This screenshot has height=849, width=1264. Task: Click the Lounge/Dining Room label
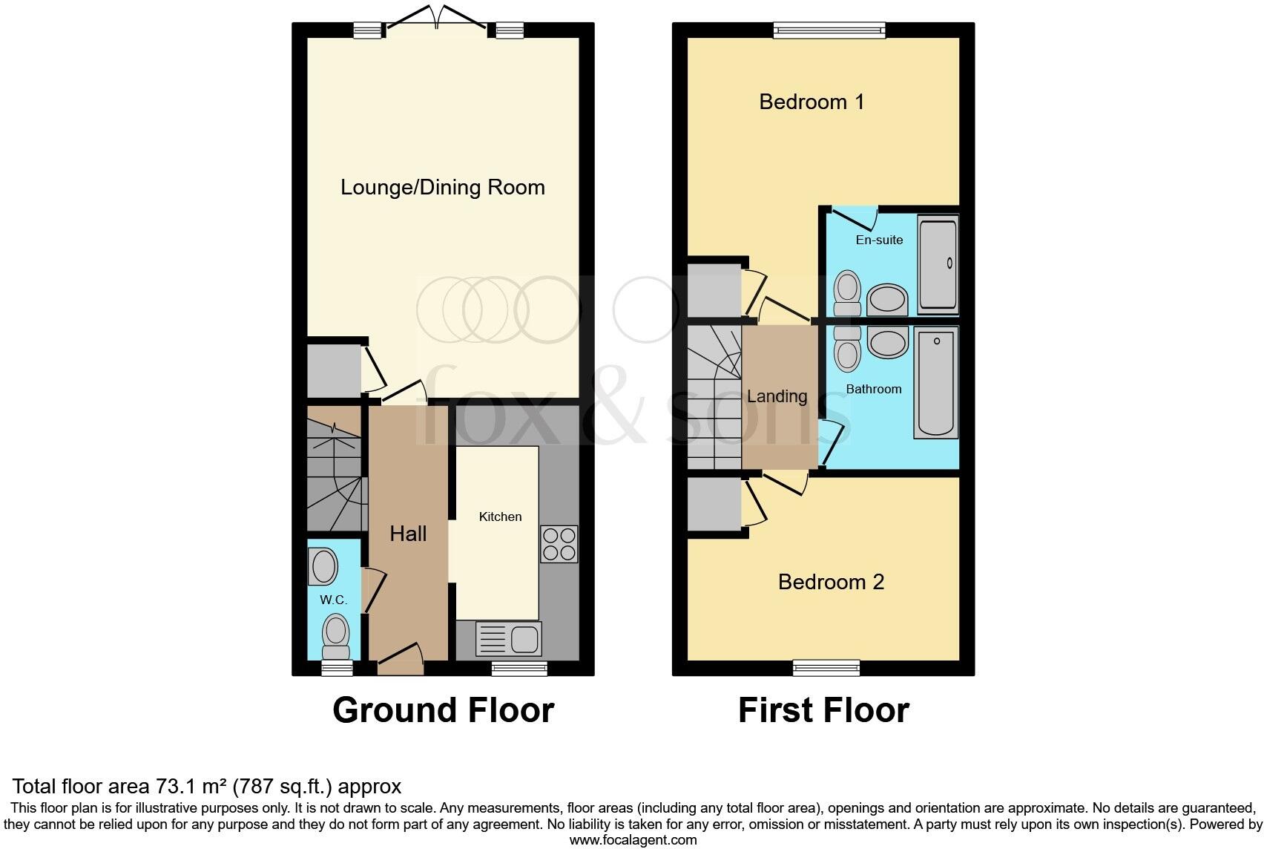tap(442, 187)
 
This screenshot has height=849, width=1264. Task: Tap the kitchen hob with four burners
tap(559, 544)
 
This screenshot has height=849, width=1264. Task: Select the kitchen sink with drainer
tap(509, 639)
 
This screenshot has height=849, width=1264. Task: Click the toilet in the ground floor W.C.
tap(336, 637)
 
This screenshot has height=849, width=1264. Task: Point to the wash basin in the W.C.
tap(323, 567)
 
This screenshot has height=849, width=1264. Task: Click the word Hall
tap(408, 534)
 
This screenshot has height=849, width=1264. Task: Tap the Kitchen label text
tap(500, 517)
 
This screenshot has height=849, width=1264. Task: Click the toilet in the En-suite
tap(847, 292)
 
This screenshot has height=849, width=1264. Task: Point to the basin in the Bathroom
tap(887, 344)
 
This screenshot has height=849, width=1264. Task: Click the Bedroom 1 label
tap(812, 102)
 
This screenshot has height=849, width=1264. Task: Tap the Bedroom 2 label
tap(831, 582)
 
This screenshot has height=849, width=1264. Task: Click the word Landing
tap(777, 396)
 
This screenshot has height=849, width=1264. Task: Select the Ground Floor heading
tap(443, 710)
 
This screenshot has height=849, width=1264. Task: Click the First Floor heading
tap(823, 710)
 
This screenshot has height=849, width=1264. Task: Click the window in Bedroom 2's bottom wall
tap(826, 668)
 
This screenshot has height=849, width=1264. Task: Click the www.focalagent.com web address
tap(633, 840)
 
